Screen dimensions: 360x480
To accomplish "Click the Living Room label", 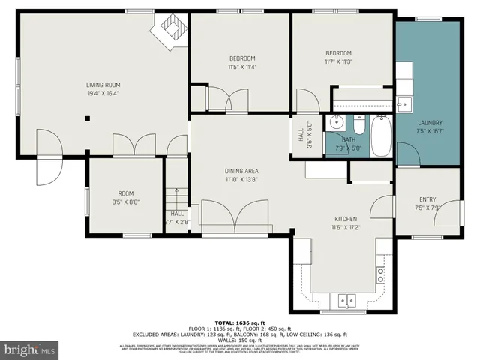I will point(103,85).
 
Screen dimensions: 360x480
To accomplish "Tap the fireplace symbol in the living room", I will point(169,31).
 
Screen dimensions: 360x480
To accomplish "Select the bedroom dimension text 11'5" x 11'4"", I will point(242,67).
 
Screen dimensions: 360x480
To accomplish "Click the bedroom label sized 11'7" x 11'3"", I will point(338,52).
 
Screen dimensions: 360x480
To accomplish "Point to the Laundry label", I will point(430,123).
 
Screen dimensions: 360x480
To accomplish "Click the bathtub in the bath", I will point(381,136).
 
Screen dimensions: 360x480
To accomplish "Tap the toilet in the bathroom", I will point(358,128).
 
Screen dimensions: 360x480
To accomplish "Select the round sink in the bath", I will point(334,122).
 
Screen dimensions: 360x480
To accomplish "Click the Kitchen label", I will point(345,218).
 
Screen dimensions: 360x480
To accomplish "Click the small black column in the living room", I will point(88,118).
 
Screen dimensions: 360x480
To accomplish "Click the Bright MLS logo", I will point(29,349).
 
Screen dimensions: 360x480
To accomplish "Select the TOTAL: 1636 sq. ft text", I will point(239,320).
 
